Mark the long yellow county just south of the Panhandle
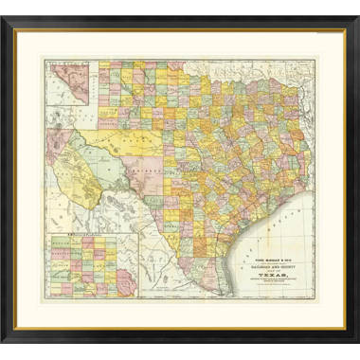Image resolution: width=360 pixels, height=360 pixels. (142, 141)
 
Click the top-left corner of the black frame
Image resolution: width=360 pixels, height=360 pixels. (16, 16)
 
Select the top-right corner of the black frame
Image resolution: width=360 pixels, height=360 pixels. (344, 16)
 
